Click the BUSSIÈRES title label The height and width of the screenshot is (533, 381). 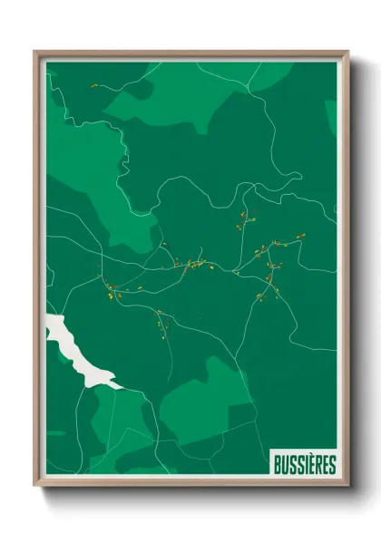click(304, 465)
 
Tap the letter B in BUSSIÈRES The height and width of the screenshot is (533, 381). click(278, 465)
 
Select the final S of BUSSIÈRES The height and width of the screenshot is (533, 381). click(332, 465)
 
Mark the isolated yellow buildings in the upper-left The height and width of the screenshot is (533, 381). click(93, 87)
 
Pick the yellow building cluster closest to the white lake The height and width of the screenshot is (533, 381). click(112, 293)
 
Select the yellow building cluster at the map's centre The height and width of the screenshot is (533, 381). click(192, 266)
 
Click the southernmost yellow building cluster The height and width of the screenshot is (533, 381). click(164, 324)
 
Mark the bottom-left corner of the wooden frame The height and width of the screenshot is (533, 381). click(35, 488)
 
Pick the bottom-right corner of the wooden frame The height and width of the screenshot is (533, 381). click(348, 488)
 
